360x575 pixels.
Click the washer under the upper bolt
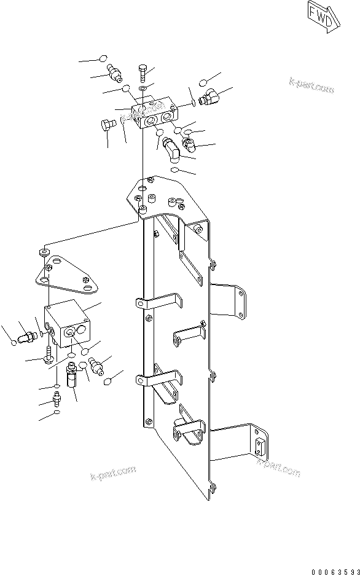point(143,90)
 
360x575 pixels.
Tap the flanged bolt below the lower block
point(49,356)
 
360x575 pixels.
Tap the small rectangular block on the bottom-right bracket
point(261,444)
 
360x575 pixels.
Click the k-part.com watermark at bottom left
point(112,474)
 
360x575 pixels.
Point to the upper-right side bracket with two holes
point(232,299)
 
